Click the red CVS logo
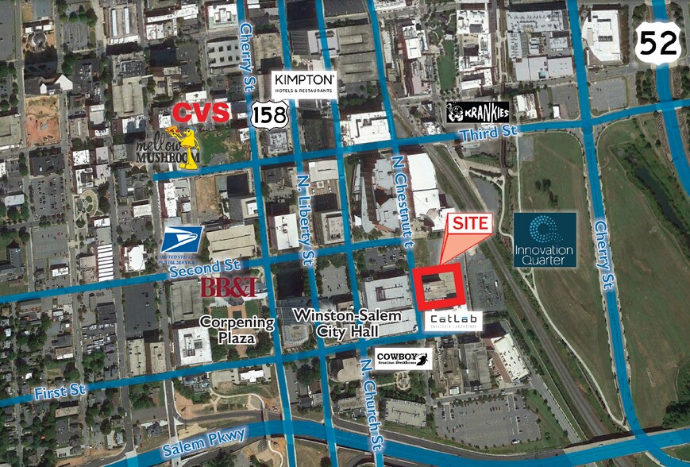coord(201,112)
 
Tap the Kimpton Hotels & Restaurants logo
coord(306,84)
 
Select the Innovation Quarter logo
coord(545,239)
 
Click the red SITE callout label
coord(472,225)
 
